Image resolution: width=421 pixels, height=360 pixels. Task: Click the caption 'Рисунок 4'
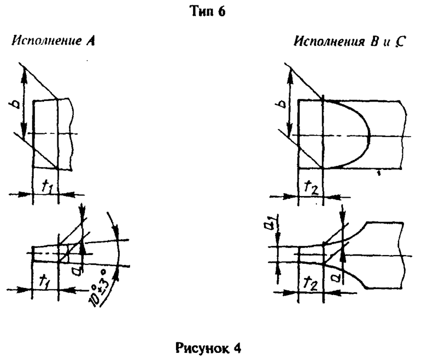(x=210, y=344)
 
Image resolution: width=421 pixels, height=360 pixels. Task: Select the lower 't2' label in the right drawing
(x=311, y=282)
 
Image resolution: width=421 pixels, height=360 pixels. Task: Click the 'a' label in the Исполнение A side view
(x=89, y=268)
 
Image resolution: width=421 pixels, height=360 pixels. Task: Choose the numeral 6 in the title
(x=221, y=11)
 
